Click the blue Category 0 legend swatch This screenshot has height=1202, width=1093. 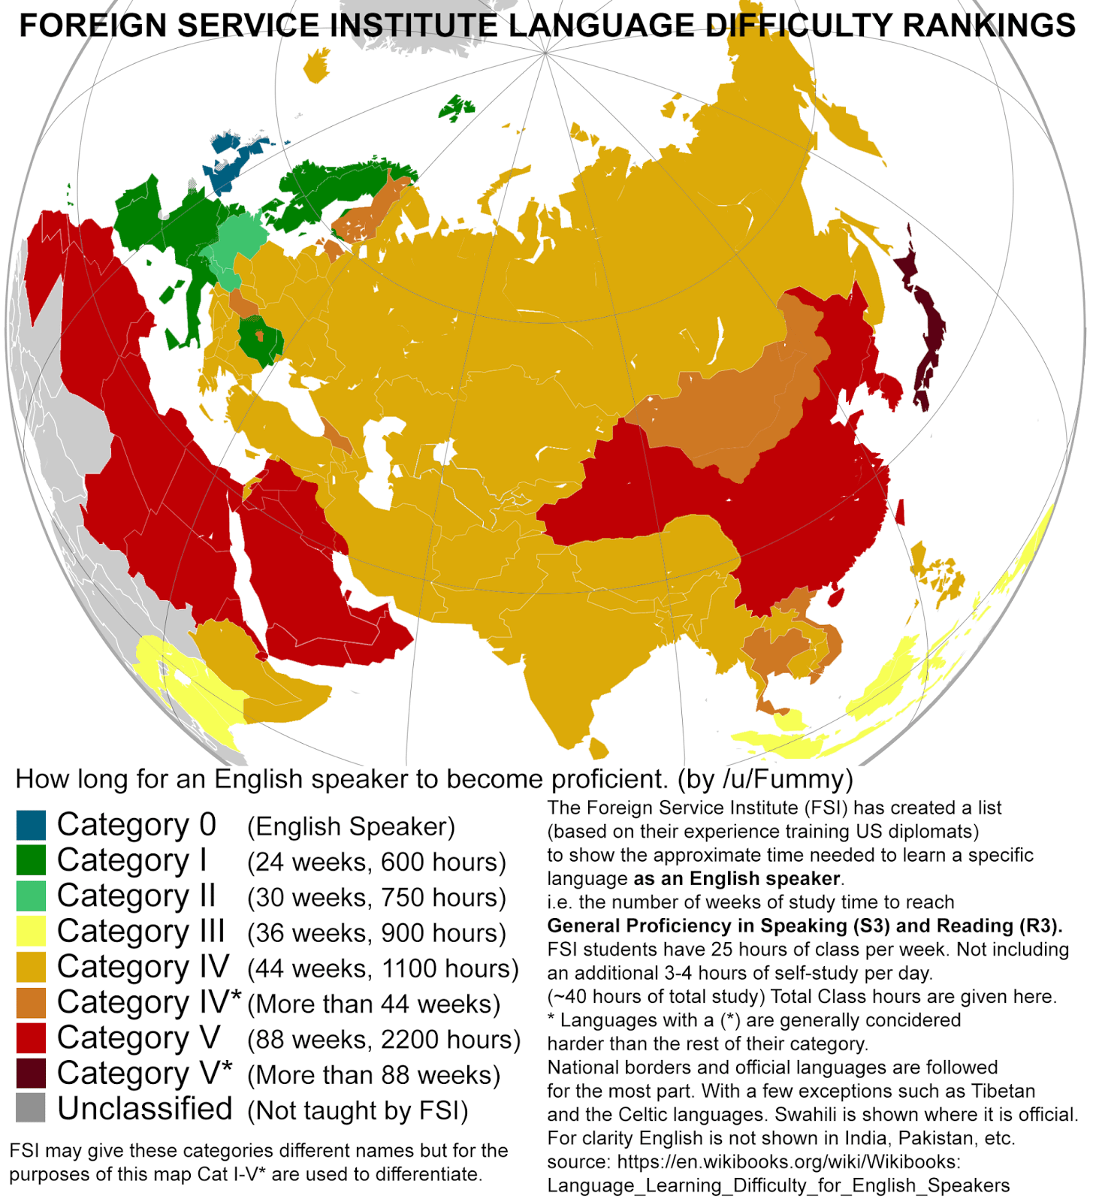(31, 825)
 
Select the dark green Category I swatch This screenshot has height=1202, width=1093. (31, 860)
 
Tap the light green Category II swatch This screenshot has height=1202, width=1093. (31, 895)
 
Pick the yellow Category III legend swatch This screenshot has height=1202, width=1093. (31, 931)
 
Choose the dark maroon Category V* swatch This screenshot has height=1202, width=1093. (31, 1073)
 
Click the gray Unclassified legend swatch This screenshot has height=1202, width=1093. (31, 1108)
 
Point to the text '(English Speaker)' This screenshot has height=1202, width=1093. (351, 826)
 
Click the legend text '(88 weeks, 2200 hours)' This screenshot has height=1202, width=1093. (383, 1040)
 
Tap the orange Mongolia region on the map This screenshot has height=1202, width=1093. (736, 406)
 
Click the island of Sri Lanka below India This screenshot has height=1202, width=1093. (598, 748)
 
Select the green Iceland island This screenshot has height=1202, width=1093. (456, 108)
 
